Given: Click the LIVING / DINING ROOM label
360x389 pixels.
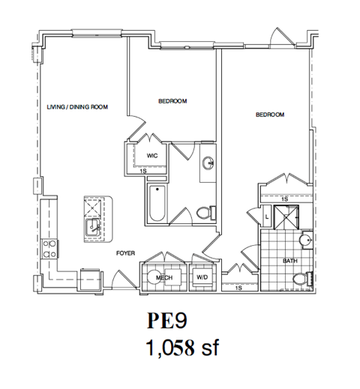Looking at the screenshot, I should coord(77,107).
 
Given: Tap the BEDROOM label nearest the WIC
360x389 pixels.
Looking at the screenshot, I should coord(172,100).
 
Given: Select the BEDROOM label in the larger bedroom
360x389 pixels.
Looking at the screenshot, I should coord(270,115).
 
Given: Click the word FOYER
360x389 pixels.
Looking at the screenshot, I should coord(125,253).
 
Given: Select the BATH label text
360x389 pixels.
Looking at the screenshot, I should coord(289,261).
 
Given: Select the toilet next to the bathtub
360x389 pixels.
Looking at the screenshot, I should coord(202,214).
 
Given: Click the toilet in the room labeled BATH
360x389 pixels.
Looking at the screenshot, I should coord(301,278).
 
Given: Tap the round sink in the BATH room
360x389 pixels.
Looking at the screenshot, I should coord(304,241).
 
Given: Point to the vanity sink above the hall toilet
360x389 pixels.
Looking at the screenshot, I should coord(208,161).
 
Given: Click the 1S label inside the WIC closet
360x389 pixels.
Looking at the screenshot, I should coord(142,172).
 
